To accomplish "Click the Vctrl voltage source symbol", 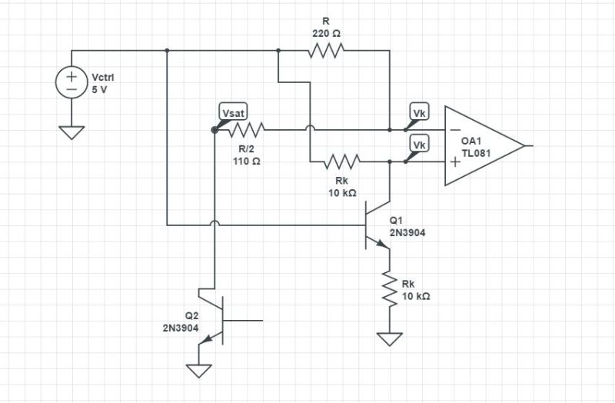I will click(71, 82).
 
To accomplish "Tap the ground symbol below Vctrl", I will click(71, 132).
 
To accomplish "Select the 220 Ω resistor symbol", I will click(326, 52).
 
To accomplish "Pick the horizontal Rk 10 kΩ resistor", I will click(342, 162).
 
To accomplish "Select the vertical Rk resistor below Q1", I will click(391, 291).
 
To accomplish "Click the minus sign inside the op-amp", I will click(456, 129).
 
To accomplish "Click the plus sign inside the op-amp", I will click(456, 162).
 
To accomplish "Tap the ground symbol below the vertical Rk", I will click(391, 338).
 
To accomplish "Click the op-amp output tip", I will click(526, 145).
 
